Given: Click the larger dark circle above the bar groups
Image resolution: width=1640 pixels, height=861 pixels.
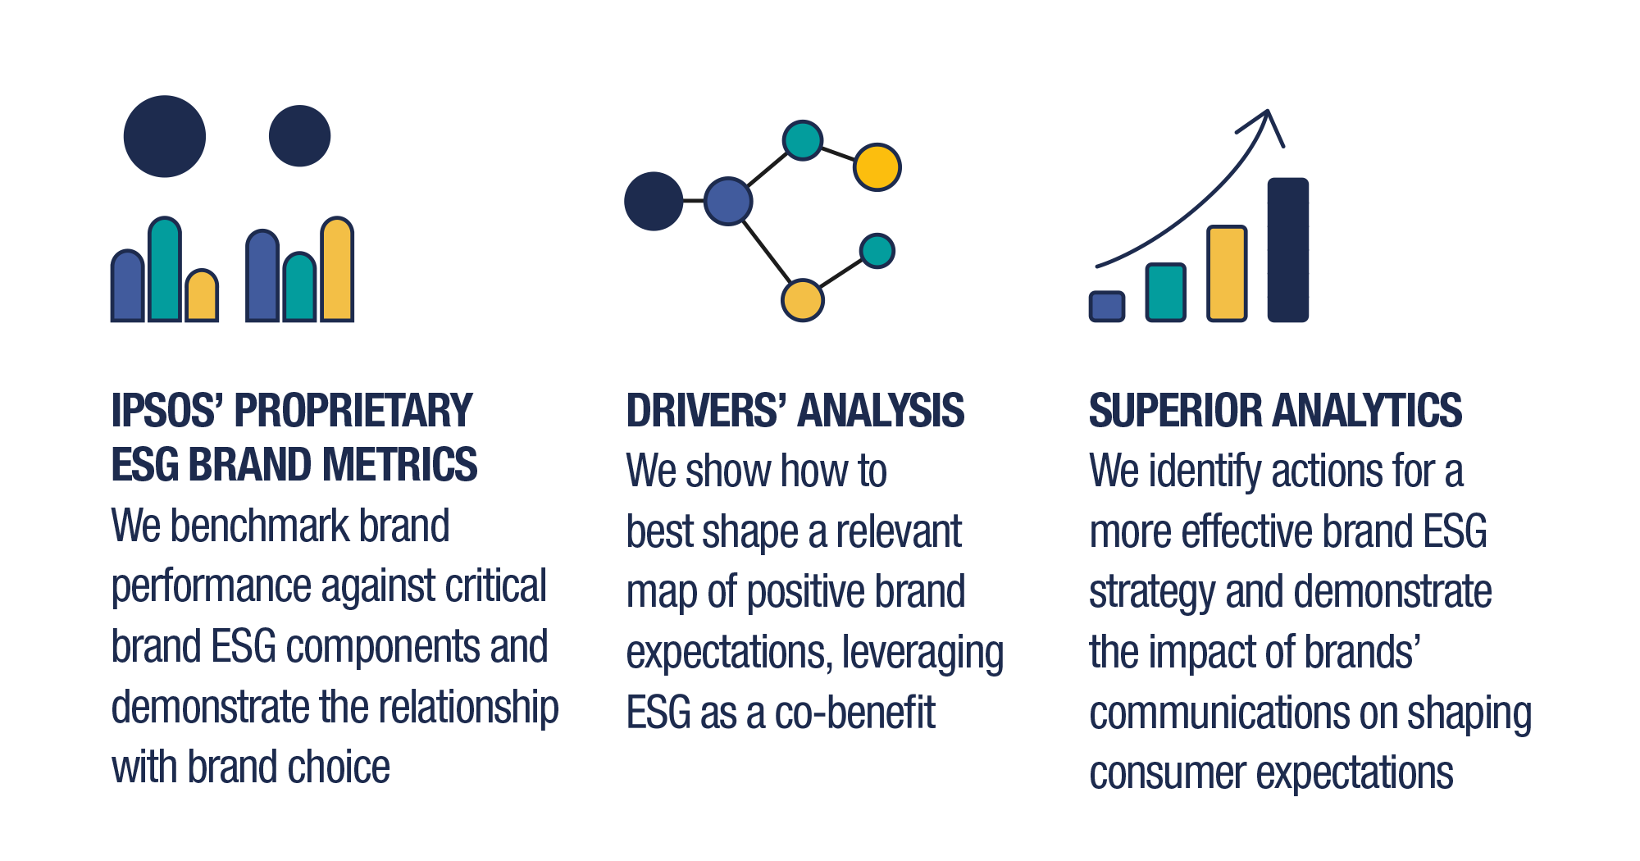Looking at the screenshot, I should point(165,136).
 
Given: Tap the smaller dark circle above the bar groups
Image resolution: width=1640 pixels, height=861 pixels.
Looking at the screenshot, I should point(300,136).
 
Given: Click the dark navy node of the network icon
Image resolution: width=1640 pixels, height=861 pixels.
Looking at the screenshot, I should point(654,201).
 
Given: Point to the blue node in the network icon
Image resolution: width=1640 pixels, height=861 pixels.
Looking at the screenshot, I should point(728,201).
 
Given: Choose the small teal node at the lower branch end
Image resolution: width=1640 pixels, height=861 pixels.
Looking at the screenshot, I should point(877,251).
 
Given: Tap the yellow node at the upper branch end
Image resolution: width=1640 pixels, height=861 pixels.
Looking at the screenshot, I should point(877,167).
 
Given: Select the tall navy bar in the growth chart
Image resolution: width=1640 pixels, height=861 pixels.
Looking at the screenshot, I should point(1288,249).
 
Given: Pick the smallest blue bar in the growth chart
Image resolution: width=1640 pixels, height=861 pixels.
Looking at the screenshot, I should point(1107,306).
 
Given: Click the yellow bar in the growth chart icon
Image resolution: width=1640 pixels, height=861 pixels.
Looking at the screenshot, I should point(1228,273).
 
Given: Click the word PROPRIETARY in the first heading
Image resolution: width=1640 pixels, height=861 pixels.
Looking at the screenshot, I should point(353,410).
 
